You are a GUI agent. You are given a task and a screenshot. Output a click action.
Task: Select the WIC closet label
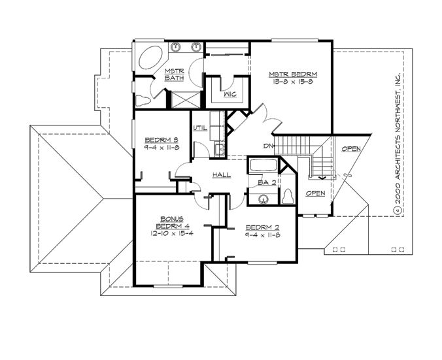[229, 94]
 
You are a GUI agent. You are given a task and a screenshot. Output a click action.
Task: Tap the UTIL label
[200, 128]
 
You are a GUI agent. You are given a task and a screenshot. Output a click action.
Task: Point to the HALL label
[222, 175]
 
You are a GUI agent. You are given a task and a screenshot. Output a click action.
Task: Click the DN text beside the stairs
[268, 145]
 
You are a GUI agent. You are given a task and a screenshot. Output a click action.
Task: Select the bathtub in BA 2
[262, 166]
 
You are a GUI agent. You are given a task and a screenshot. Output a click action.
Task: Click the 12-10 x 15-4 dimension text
[172, 233]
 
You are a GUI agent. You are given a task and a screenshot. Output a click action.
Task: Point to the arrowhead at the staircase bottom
[321, 176]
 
